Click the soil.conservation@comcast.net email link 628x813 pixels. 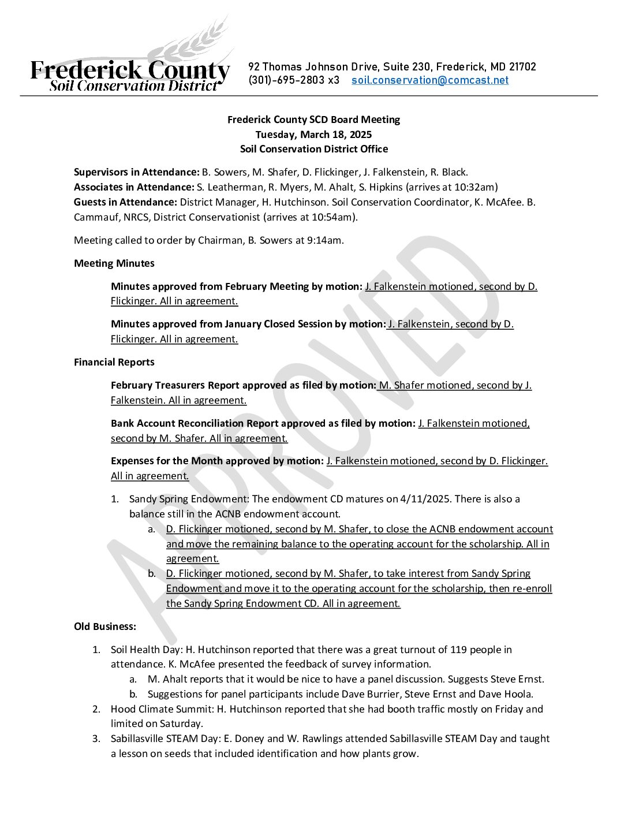click(x=430, y=80)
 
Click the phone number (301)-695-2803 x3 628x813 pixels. click(x=294, y=80)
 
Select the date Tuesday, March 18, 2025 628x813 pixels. click(x=313, y=135)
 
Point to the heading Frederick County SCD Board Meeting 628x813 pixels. click(x=313, y=120)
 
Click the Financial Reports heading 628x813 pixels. click(x=114, y=362)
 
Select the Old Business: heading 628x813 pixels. click(x=105, y=626)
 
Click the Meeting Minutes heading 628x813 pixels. click(x=114, y=263)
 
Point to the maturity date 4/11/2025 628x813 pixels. click(x=425, y=499)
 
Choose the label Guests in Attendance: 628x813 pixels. click(x=125, y=202)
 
